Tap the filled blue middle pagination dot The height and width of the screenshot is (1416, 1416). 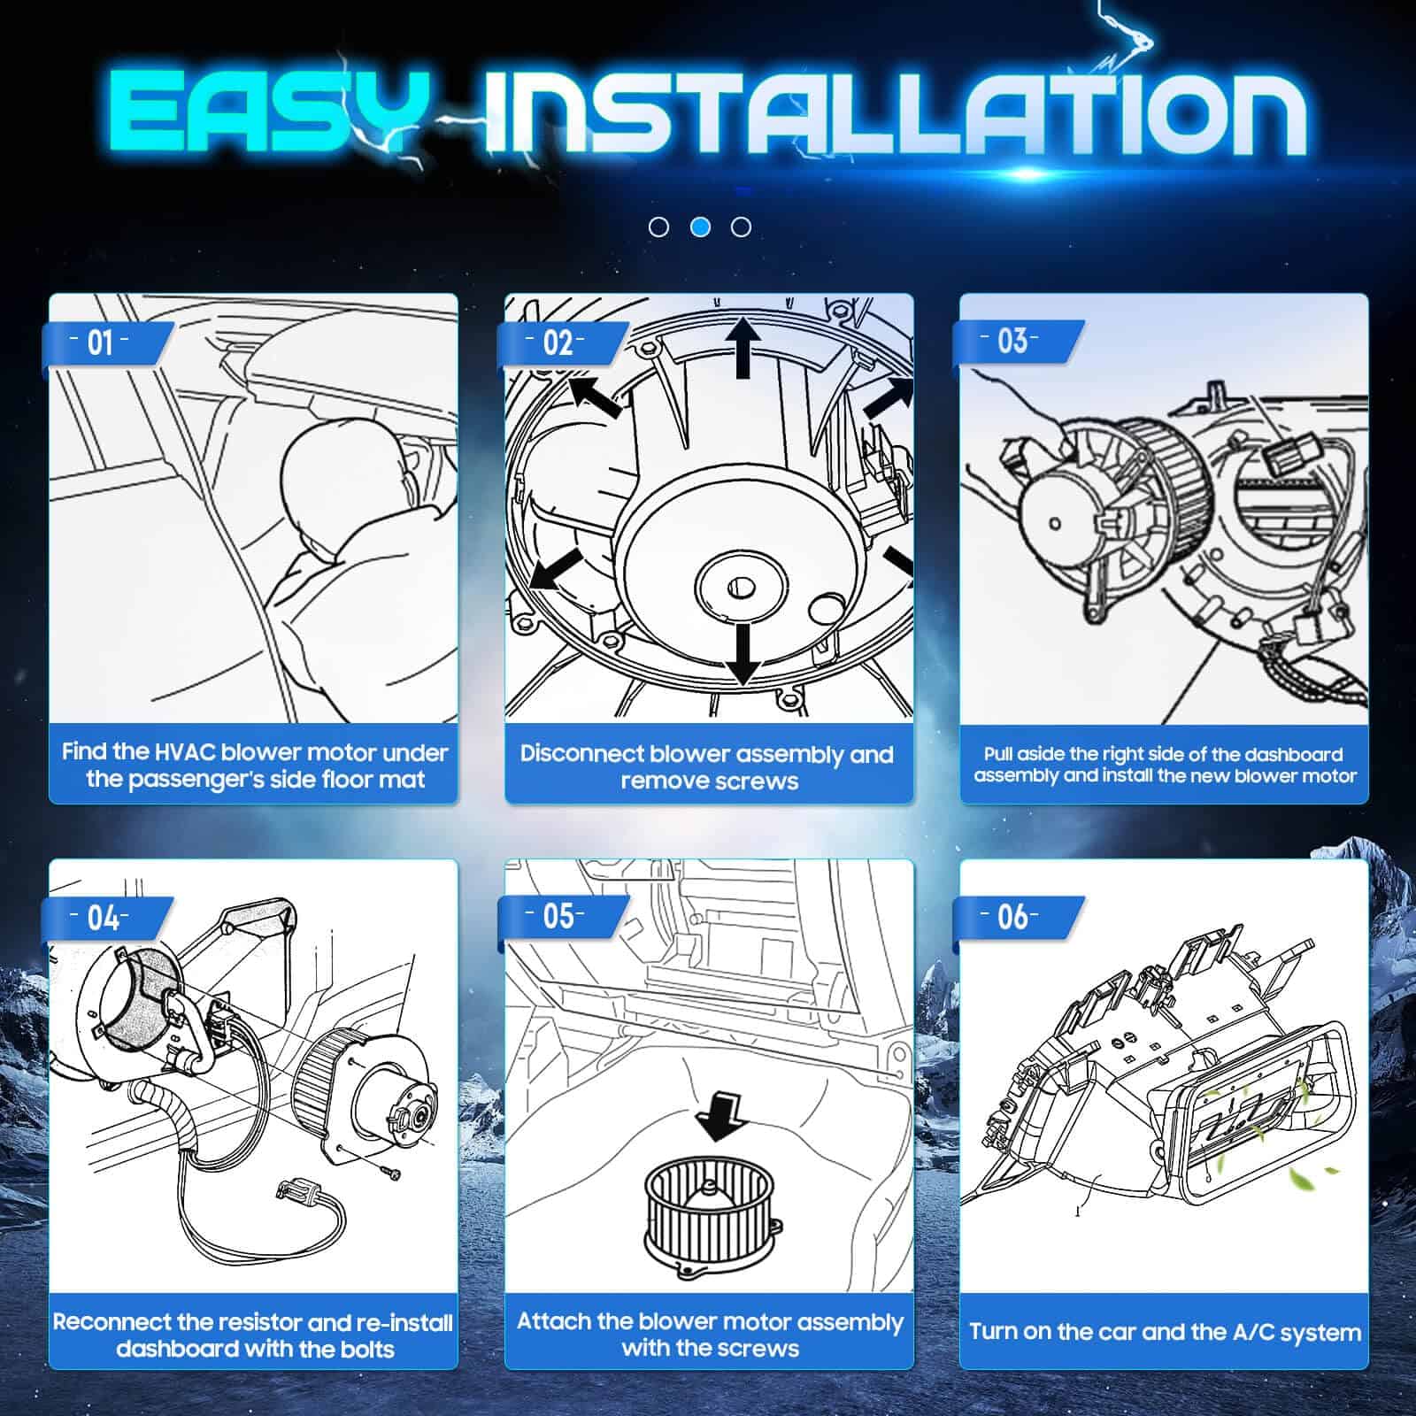[700, 227]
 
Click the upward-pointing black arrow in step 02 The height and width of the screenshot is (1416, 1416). [743, 347]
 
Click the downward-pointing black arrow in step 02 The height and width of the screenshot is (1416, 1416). [743, 654]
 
